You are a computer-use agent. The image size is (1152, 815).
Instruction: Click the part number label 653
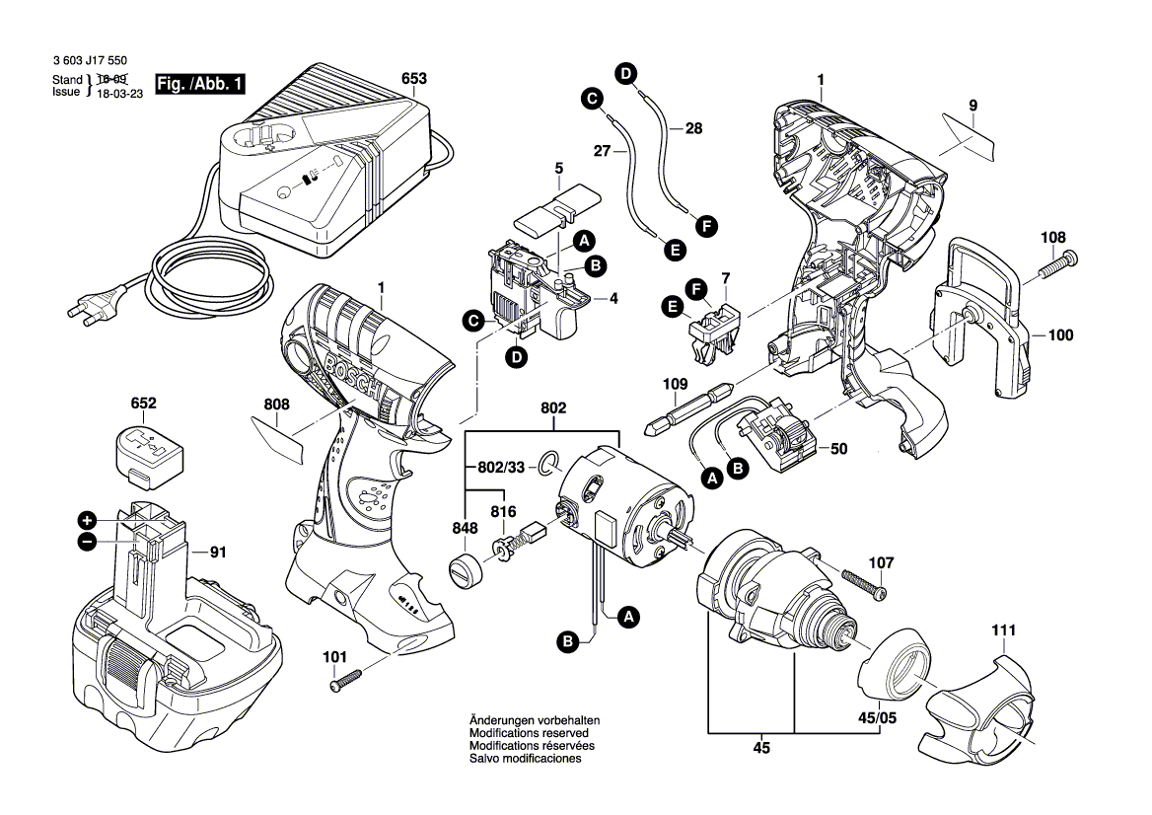(x=414, y=78)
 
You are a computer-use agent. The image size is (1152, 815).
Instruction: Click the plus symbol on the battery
(x=87, y=520)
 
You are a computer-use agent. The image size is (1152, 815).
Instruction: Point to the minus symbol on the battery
(x=87, y=541)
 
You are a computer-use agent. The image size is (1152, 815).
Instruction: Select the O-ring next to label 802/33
(x=548, y=463)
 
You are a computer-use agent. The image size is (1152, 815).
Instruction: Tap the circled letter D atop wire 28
(x=625, y=72)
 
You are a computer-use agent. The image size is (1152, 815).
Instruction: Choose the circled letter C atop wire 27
(x=591, y=98)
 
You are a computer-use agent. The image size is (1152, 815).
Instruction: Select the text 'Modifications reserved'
(x=529, y=734)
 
